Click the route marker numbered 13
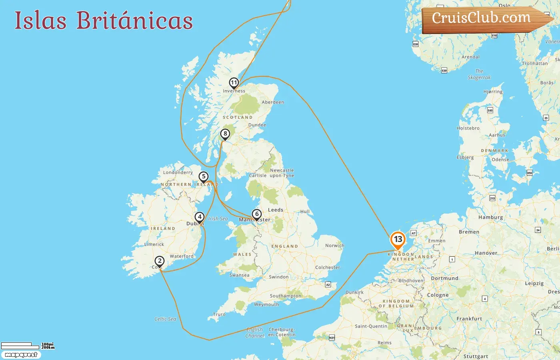click(x=398, y=240)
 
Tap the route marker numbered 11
click(x=234, y=83)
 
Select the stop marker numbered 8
click(x=225, y=134)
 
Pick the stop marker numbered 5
click(x=204, y=176)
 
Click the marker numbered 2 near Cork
click(x=160, y=261)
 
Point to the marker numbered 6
click(x=257, y=214)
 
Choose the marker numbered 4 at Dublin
click(x=200, y=217)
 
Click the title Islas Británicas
click(x=104, y=20)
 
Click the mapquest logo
click(x=21, y=355)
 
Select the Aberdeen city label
click(x=273, y=102)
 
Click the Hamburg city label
click(x=490, y=217)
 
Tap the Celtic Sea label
click(x=165, y=319)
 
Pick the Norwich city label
click(x=334, y=246)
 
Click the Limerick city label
click(x=154, y=244)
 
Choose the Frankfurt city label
click(x=469, y=319)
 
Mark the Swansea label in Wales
click(x=239, y=275)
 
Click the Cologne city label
click(x=438, y=295)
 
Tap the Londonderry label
click(x=178, y=172)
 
